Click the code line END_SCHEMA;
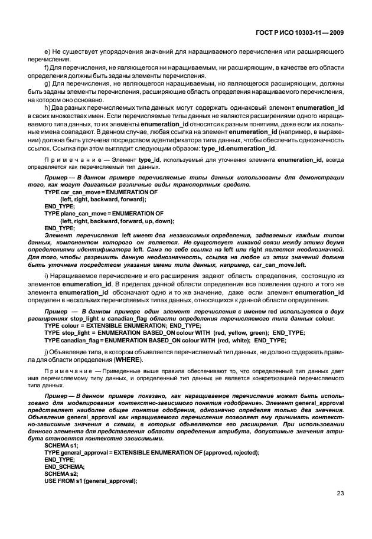coord(64,466)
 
